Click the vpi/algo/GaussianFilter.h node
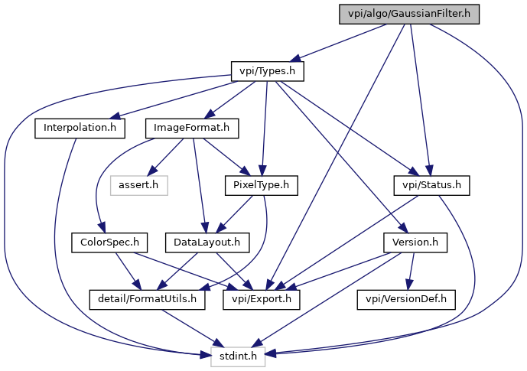[x=409, y=14]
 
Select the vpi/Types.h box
[x=268, y=71]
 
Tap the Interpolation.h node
[x=80, y=128]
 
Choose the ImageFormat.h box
[x=192, y=128]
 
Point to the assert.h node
[x=138, y=185]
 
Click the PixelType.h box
[x=261, y=185]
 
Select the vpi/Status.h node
[x=431, y=185]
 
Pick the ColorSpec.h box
[x=109, y=242]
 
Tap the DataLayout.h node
[x=207, y=242]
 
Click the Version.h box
[x=415, y=242]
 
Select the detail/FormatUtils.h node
[x=147, y=299]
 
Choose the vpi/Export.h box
[x=262, y=299]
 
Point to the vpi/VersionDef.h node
[x=406, y=299]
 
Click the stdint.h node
[x=239, y=356]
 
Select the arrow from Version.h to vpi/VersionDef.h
[x=411, y=271]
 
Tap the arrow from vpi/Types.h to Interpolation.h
[x=174, y=100]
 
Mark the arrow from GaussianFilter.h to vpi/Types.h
[x=337, y=43]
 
